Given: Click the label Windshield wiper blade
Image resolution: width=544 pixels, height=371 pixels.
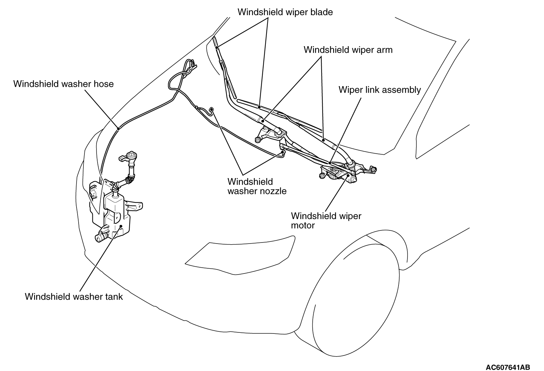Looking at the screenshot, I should pos(285,12).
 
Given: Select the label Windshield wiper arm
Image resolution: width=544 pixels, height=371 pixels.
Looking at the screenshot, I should pos(348,50).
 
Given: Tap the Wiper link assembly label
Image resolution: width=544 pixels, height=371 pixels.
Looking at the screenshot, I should pos(380,90).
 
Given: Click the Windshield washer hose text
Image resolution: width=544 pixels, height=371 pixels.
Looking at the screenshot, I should pos(63,84).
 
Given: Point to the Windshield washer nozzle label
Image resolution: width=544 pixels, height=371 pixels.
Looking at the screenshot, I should pos(256,186).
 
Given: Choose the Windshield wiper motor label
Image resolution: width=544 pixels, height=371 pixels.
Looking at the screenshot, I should pos(326,220).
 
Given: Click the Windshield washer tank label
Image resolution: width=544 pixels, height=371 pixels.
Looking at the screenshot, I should pos(74,297).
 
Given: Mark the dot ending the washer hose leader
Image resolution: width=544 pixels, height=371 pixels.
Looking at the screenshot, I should pos(118,128).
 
